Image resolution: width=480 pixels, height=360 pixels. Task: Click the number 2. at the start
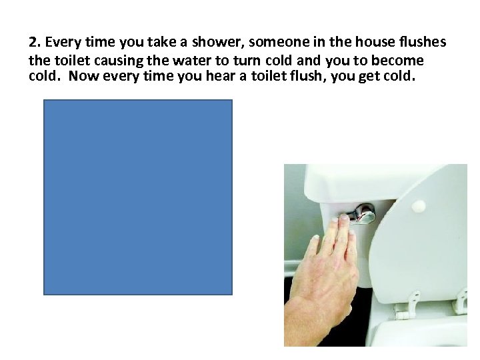[x=35, y=43]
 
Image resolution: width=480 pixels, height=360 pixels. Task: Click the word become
[x=398, y=60]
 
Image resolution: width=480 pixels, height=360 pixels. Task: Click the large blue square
[x=138, y=197]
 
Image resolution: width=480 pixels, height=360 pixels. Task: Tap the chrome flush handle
[x=360, y=213]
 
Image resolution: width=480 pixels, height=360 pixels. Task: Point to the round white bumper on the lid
[x=419, y=206]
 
